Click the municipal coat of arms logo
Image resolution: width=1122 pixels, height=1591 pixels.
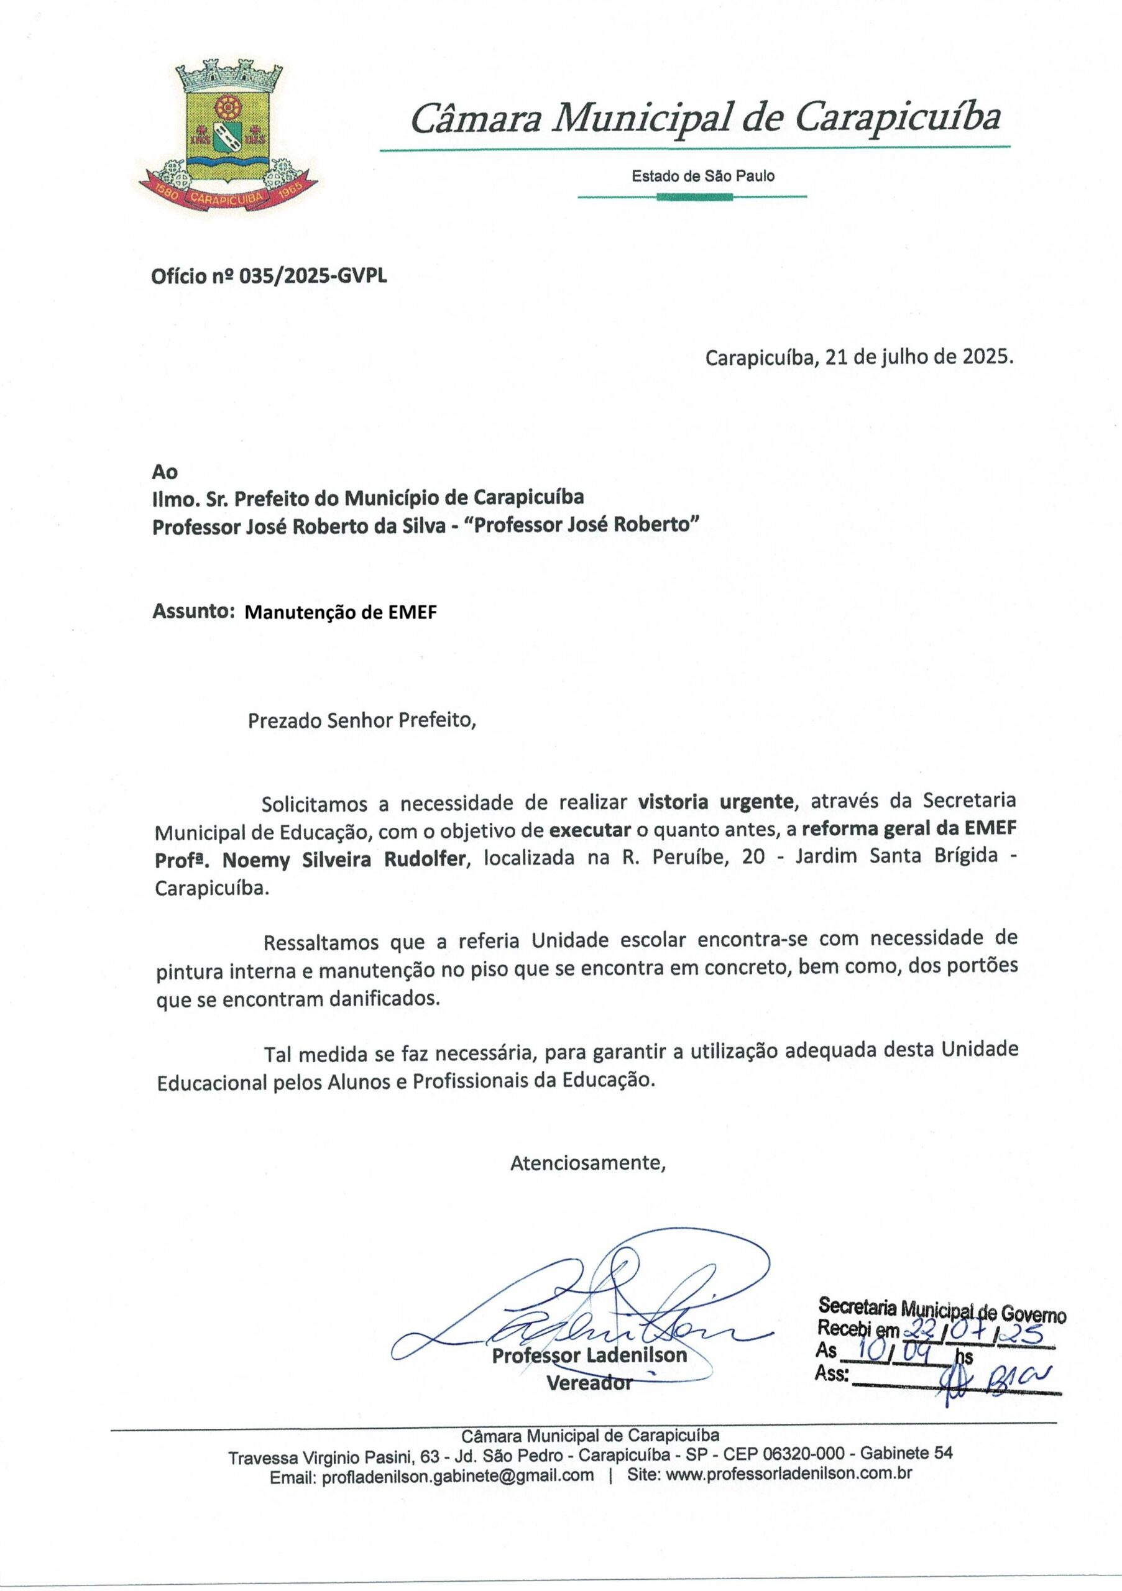228,135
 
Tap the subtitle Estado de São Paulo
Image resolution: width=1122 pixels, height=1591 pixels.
702,176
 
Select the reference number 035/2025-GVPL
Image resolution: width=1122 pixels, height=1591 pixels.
313,277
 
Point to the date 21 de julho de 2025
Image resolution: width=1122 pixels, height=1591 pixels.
919,357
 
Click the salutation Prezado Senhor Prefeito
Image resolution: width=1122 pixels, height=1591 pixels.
362,721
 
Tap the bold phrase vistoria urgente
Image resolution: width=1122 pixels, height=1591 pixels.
715,802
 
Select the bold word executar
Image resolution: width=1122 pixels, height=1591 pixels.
590,830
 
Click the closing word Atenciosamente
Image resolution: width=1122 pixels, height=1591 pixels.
587,1163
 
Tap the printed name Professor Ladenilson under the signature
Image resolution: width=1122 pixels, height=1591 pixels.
589,1355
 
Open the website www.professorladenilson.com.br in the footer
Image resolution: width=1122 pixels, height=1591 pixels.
789,1475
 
